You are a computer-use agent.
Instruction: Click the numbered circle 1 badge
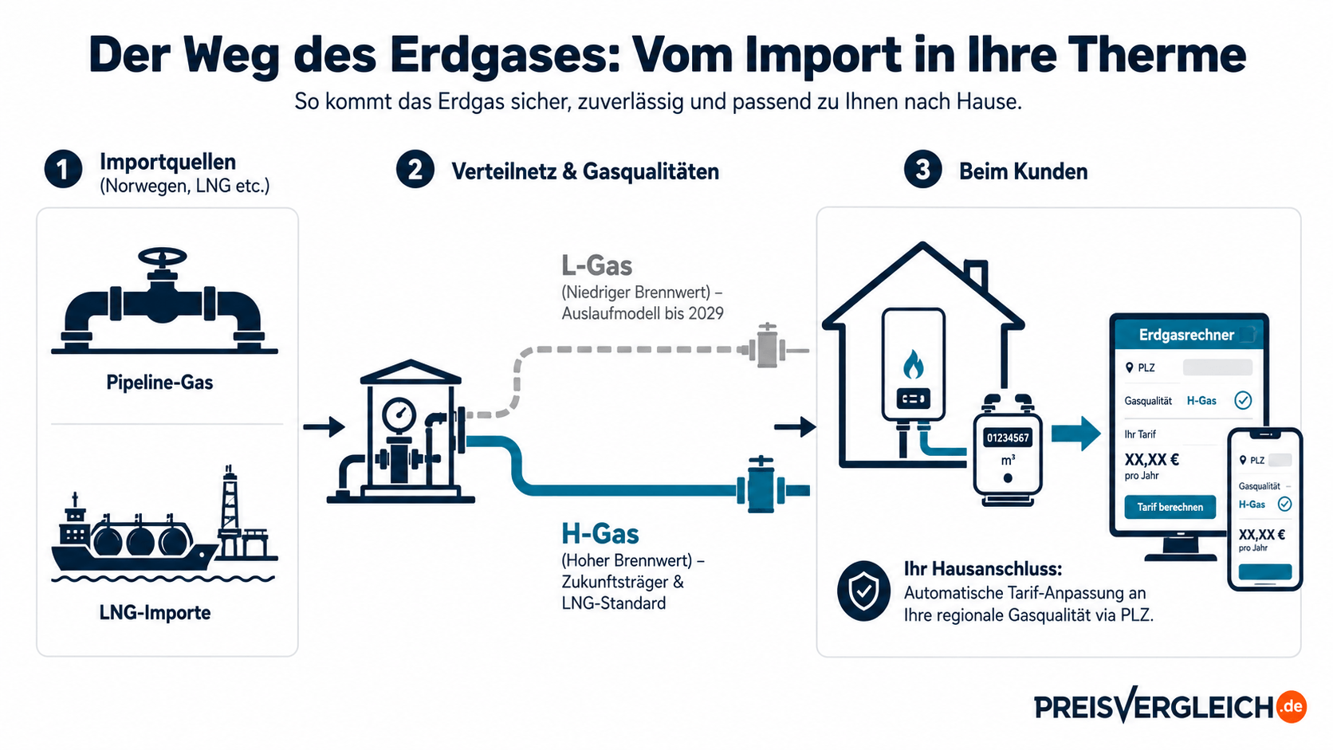coord(63,170)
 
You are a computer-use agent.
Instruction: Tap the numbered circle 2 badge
coord(415,170)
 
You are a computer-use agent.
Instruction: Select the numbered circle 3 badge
coord(922,170)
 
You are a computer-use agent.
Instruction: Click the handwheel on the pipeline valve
coord(162,257)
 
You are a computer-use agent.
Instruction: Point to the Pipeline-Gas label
coord(159,382)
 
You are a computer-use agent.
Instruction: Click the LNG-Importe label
coord(155,613)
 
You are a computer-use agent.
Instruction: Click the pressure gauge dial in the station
coord(399,414)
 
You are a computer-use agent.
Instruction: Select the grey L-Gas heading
coord(597,265)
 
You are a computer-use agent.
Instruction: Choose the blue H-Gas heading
coord(600,533)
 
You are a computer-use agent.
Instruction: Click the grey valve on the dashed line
coord(766,346)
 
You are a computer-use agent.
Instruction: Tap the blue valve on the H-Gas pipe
coord(761,485)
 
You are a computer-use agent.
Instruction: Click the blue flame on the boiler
coord(914,364)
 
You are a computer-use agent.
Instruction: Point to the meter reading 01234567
coord(1008,438)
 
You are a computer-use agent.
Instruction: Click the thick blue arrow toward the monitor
coord(1076,433)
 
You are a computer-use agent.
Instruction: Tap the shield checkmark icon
coord(863,591)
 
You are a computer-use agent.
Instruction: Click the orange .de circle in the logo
coord(1292,707)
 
